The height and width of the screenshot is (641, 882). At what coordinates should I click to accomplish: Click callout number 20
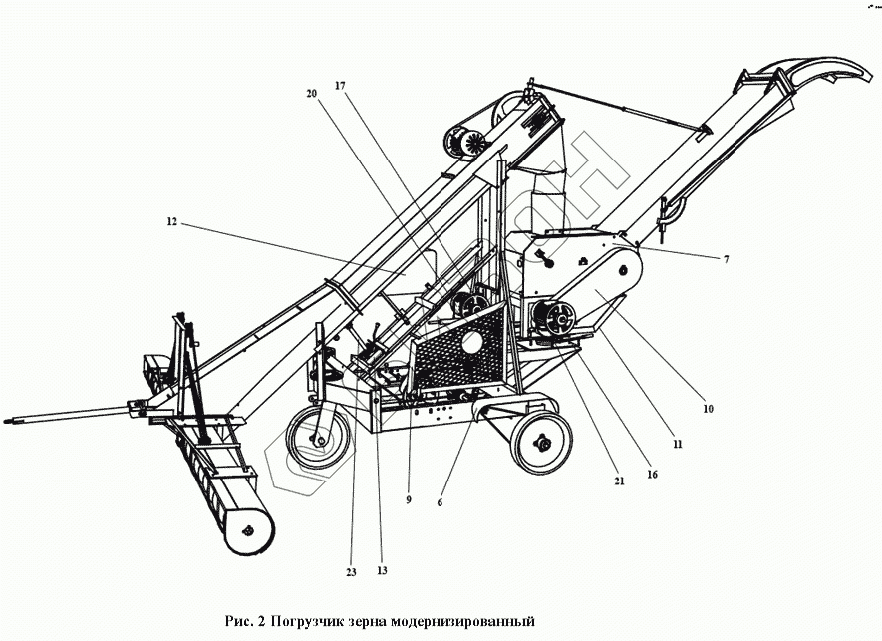click(311, 93)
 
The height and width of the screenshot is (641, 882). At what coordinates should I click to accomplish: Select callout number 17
click(340, 86)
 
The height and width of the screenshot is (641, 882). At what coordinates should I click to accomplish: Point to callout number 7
click(726, 259)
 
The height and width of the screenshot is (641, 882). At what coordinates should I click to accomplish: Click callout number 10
click(707, 407)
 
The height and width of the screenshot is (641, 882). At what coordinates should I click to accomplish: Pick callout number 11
click(677, 444)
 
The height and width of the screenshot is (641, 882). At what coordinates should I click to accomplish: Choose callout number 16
click(653, 475)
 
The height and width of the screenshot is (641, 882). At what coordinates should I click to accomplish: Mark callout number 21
click(619, 481)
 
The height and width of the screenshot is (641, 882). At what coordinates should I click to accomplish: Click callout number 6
click(440, 503)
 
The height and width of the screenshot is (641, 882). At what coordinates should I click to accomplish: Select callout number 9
click(408, 499)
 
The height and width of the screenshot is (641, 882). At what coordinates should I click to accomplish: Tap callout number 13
click(382, 571)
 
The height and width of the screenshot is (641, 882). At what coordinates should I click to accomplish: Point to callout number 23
click(350, 571)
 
